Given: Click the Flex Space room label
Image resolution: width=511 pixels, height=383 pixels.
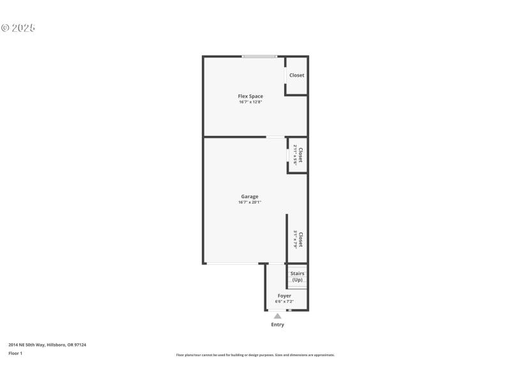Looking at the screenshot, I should tap(250, 96).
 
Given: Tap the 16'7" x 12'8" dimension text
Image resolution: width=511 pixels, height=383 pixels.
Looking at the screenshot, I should tap(250, 102).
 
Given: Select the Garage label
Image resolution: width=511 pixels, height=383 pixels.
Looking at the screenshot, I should tap(250, 197).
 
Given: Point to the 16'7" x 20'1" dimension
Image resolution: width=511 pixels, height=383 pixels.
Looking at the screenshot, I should tap(250, 202).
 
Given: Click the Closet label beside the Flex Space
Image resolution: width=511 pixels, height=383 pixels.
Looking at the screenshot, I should tap(296, 75).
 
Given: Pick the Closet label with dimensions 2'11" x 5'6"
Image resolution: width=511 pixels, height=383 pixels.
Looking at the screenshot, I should tap(300, 155).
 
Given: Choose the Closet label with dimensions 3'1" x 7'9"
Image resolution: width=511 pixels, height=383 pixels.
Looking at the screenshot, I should tap(300, 239).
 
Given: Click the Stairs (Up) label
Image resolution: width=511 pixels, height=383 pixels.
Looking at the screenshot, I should tap(297, 276).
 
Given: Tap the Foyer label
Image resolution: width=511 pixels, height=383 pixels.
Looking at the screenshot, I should tap(284, 296).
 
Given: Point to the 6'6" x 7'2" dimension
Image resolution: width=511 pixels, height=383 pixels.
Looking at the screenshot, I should tap(284, 301).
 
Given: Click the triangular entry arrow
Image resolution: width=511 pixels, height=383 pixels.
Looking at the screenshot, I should tap(277, 315).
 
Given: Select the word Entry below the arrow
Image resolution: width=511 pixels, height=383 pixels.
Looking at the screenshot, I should tap(277, 324).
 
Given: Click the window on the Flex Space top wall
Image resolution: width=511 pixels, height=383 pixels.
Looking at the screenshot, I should tap(259, 57).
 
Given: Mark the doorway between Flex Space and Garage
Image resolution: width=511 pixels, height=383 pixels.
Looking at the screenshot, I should tap(276, 137).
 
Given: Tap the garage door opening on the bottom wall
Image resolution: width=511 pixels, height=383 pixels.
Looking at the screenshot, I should tap(231, 263).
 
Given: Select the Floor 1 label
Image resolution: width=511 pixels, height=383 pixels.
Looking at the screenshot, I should tap(15, 353).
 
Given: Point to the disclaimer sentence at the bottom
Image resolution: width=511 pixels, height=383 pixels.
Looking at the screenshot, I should tap(255, 355).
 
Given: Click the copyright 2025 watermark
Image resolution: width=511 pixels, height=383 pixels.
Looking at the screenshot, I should tap(18, 28).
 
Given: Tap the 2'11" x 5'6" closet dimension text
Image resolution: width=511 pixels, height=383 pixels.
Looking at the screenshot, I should tap(295, 155).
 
